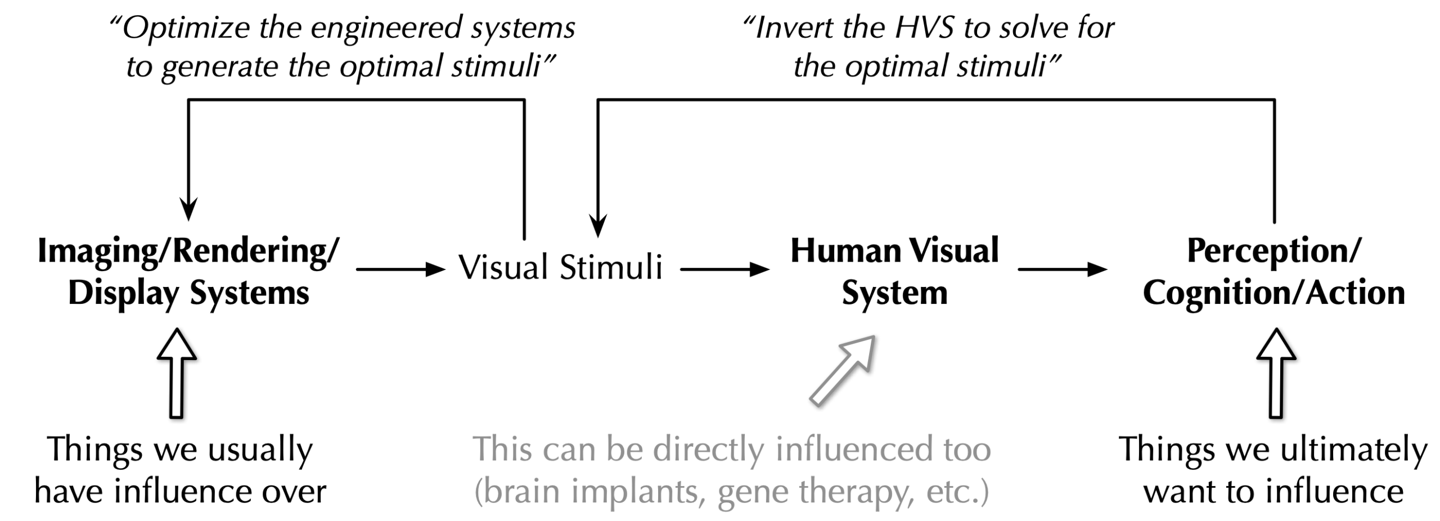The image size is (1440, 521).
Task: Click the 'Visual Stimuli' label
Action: [x=560, y=267]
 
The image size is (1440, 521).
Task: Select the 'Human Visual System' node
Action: [x=894, y=272]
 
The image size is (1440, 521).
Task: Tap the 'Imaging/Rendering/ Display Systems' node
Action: [x=188, y=272]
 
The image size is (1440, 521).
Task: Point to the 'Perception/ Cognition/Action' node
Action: [x=1273, y=272]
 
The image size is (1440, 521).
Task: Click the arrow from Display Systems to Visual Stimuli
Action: [x=400, y=270]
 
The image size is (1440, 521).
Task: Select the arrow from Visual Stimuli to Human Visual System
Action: [x=724, y=270]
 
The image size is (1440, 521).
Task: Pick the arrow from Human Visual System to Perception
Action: [x=1062, y=270]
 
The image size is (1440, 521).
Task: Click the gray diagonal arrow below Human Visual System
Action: [x=843, y=370]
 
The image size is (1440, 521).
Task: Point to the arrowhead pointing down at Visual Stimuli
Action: [x=598, y=226]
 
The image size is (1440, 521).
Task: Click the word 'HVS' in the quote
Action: [x=925, y=28]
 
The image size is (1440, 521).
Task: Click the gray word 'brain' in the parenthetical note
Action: [x=520, y=492]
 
